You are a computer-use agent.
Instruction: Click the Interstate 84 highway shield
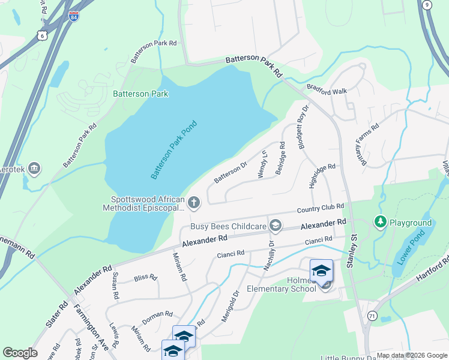pyautogui.click(x=73, y=16)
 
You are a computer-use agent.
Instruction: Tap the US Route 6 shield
pyautogui.click(x=41, y=35)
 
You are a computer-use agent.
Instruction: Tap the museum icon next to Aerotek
pyautogui.click(x=34, y=169)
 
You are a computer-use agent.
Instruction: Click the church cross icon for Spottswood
pyautogui.click(x=193, y=203)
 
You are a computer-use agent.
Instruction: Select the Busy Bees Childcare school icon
pyautogui.click(x=276, y=226)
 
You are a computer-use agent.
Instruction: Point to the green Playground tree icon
pyautogui.click(x=380, y=223)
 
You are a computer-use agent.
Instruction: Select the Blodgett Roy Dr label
pyautogui.click(x=301, y=127)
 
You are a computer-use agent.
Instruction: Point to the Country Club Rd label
pyautogui.click(x=321, y=208)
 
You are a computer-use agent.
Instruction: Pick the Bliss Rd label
pyautogui.click(x=145, y=278)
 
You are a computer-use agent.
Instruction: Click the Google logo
pyautogui.click(x=20, y=353)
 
